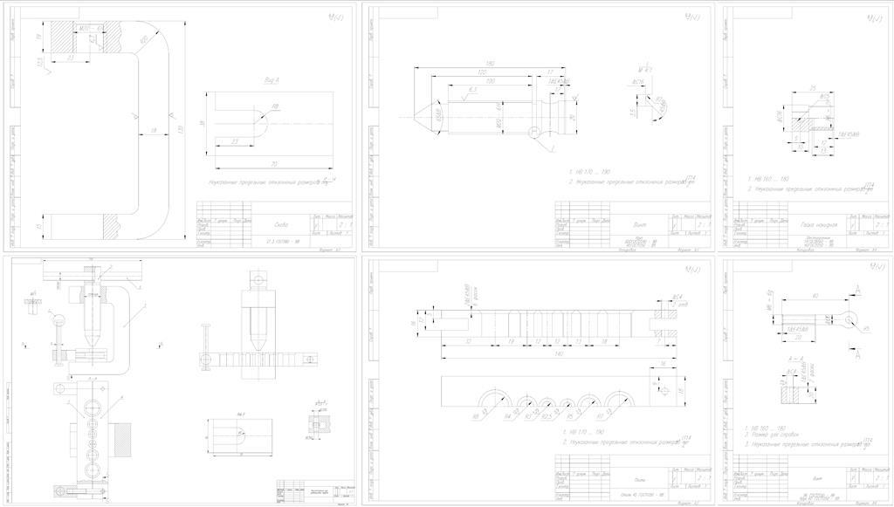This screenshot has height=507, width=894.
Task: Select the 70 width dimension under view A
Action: [274, 163]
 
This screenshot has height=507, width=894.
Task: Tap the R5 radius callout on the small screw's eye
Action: [865, 328]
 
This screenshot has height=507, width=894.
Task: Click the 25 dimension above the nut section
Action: [812, 89]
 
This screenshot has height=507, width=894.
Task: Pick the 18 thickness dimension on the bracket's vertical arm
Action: [154, 130]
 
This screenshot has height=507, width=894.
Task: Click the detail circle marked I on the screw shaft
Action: [534, 132]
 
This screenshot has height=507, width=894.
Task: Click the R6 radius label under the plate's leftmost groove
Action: [475, 416]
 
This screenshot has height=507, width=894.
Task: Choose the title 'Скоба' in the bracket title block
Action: [280, 223]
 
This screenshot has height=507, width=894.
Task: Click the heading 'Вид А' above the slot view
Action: [272, 80]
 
